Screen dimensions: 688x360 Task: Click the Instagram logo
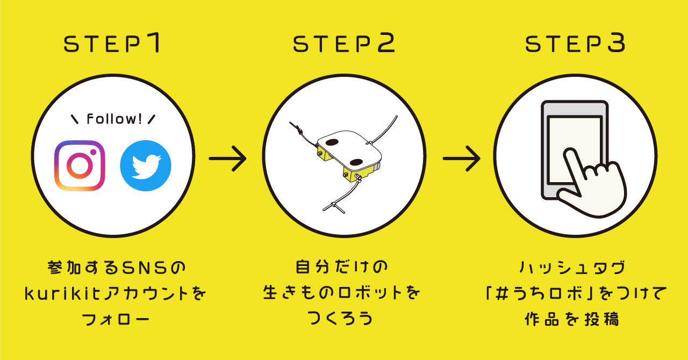click(x=80, y=166)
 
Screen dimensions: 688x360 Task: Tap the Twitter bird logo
click(x=146, y=166)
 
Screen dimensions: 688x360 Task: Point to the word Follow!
click(x=114, y=119)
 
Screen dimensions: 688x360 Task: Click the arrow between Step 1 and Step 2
click(x=227, y=159)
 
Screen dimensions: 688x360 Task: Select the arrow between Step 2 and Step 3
click(x=462, y=159)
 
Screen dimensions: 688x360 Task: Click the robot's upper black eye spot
click(x=332, y=142)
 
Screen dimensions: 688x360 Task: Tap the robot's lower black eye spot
click(x=356, y=162)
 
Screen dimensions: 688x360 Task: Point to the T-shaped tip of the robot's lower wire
click(x=337, y=207)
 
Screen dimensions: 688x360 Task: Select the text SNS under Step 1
click(x=145, y=267)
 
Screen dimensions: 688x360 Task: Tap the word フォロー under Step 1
click(x=116, y=319)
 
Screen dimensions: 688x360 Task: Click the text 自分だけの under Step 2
click(x=341, y=267)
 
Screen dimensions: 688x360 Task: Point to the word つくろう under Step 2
click(x=340, y=318)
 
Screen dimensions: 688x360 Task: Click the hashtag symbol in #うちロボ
click(x=503, y=293)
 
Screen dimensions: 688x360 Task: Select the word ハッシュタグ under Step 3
click(x=572, y=267)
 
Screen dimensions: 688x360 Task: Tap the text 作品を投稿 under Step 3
click(x=571, y=319)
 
